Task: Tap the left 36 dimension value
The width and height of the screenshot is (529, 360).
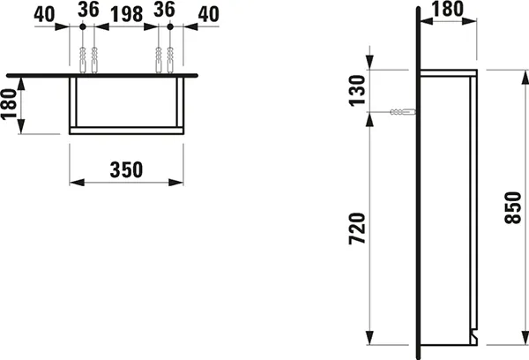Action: tap(86, 11)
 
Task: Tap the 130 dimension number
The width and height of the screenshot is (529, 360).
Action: tap(357, 90)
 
